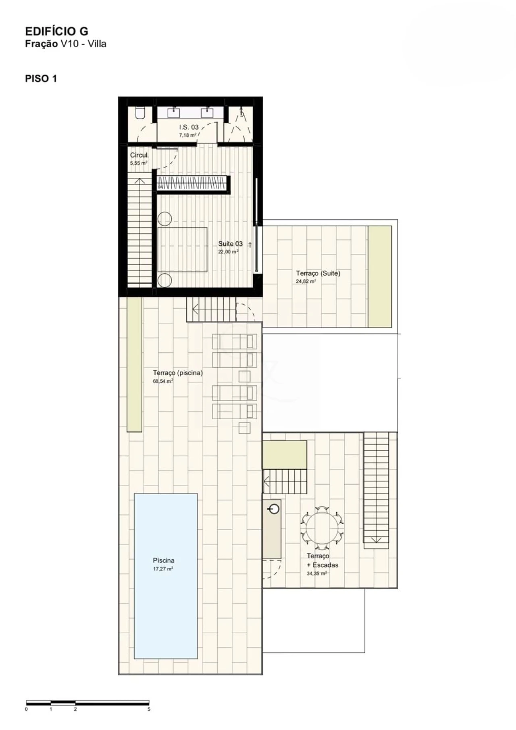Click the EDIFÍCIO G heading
point(56,31)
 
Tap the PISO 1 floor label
point(41,79)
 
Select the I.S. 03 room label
point(189,127)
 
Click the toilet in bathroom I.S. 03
point(140,113)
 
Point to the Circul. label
point(139,155)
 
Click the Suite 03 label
point(230,244)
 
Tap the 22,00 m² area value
point(228,252)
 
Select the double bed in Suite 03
point(182,250)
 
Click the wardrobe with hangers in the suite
point(193,184)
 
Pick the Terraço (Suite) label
point(318,274)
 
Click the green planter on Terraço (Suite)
point(380,276)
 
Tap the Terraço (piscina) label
point(178,373)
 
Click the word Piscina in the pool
point(164,561)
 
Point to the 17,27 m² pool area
point(163,569)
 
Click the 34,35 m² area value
point(317,573)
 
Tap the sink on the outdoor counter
point(274,509)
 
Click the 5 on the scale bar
point(149,709)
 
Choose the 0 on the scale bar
point(27,709)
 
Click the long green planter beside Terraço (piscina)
point(135,364)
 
